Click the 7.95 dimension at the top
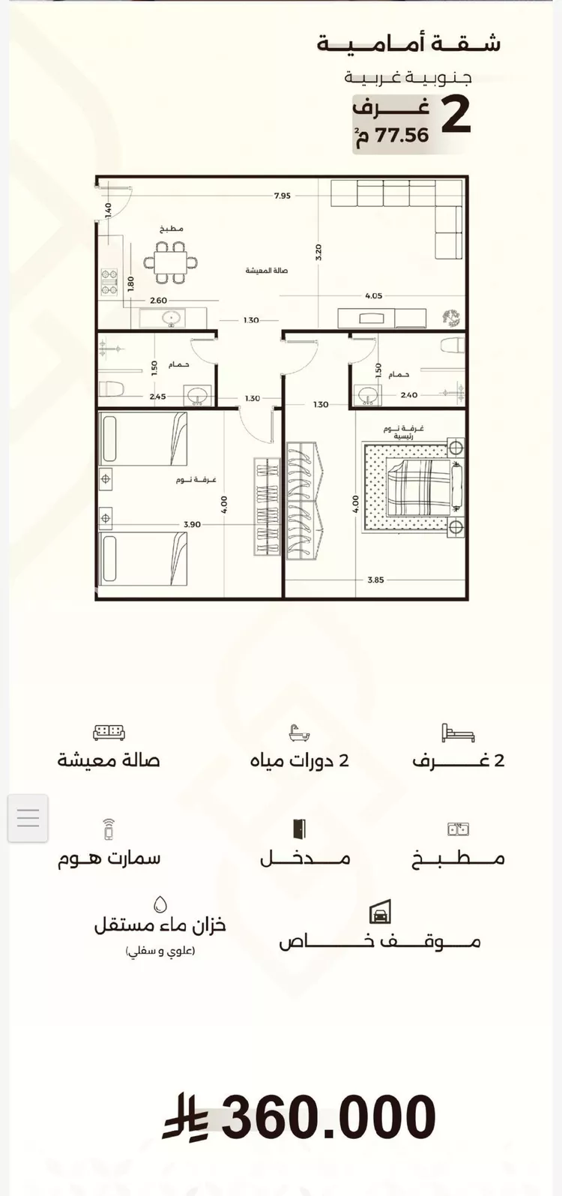click(282, 196)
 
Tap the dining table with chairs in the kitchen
click(171, 262)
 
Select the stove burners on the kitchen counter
click(109, 281)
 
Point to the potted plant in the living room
click(451, 318)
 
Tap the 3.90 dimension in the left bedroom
click(192, 524)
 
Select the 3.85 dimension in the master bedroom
click(375, 580)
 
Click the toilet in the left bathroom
click(112, 388)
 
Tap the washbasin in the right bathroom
click(367, 396)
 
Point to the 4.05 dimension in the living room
click(374, 295)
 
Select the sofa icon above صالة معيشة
click(109, 733)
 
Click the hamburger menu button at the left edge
click(28, 817)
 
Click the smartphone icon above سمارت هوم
click(109, 829)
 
